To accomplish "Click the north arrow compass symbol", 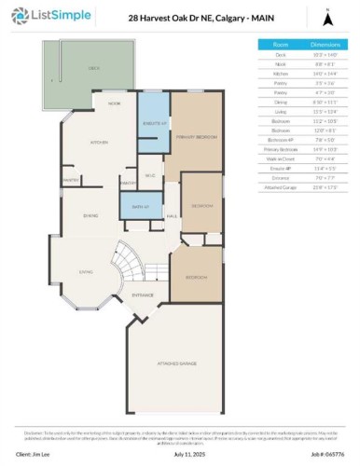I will pyautogui.click(x=326, y=17).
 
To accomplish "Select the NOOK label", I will pyautogui.click(x=114, y=103).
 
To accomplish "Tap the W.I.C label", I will pyautogui.click(x=148, y=175).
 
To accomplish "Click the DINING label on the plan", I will pyautogui.click(x=91, y=216).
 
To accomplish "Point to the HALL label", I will pyautogui.click(x=173, y=216).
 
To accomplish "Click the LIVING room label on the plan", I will pyautogui.click(x=86, y=272).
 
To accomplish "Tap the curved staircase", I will pyautogui.click(x=130, y=264).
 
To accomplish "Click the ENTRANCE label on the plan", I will pyautogui.click(x=143, y=295).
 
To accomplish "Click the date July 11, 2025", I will pyautogui.click(x=179, y=453).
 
